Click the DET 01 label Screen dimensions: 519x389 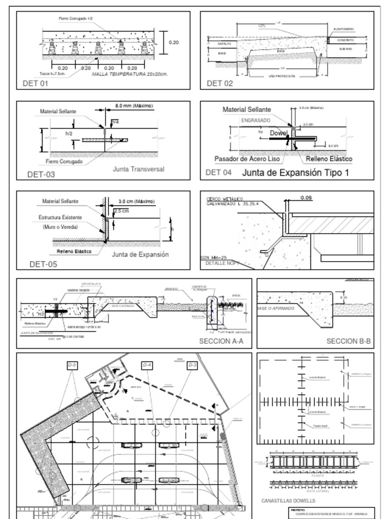click(35, 84)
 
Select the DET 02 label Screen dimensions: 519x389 click(220, 84)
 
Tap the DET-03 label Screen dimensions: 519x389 click(41, 175)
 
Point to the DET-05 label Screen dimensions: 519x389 click(43, 264)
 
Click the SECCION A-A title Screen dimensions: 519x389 click(221, 341)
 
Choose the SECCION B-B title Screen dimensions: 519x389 click(348, 341)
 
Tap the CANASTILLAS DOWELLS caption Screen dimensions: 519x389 click(288, 501)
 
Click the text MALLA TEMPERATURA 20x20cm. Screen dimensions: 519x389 click(130, 74)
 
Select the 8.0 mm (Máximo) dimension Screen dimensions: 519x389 click(134, 105)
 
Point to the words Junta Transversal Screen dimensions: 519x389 click(138, 169)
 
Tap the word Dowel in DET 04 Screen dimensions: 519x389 click(278, 133)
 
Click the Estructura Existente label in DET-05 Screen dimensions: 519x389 click(60, 217)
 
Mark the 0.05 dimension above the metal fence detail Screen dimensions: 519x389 click(306, 198)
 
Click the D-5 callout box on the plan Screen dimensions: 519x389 click(72, 365)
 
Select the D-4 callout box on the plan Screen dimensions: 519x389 click(147, 365)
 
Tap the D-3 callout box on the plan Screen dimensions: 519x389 click(192, 365)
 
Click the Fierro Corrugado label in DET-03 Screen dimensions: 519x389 click(64, 162)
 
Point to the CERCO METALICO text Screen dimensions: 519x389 click(225, 198)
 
